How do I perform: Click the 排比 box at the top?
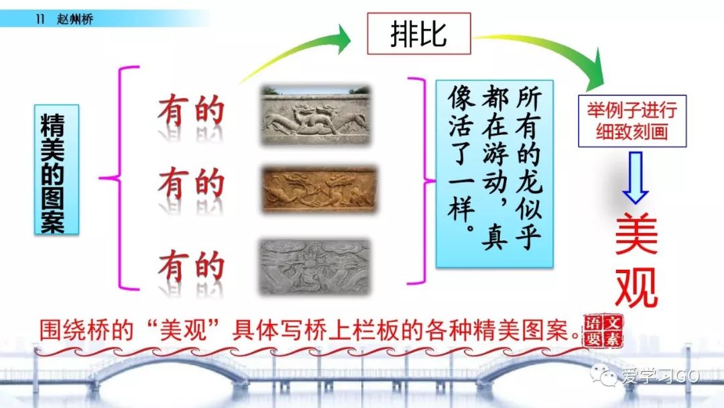[419, 34]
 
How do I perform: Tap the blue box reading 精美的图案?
[56, 170]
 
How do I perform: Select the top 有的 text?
[191, 111]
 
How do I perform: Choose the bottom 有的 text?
[191, 266]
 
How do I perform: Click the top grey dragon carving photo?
[316, 115]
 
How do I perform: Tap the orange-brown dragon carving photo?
[320, 189]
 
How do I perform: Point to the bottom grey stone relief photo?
[315, 266]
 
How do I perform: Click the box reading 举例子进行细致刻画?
[632, 121]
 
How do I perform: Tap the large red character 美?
[636, 234]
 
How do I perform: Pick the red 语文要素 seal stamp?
[603, 331]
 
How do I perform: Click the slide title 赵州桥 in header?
[75, 19]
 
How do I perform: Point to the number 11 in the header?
[40, 19]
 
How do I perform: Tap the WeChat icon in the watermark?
[604, 374]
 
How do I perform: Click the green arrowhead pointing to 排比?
[343, 40]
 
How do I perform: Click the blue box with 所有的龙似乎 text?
[495, 174]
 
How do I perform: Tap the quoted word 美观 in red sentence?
[182, 330]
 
